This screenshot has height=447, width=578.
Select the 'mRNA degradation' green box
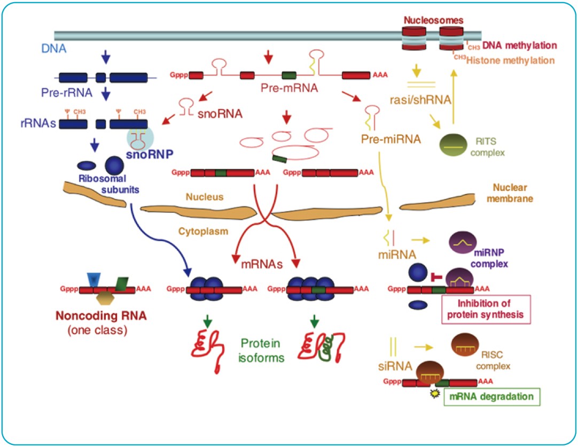(492, 397)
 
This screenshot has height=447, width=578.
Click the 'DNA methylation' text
(519, 46)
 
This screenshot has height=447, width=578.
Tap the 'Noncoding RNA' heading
(100, 316)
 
